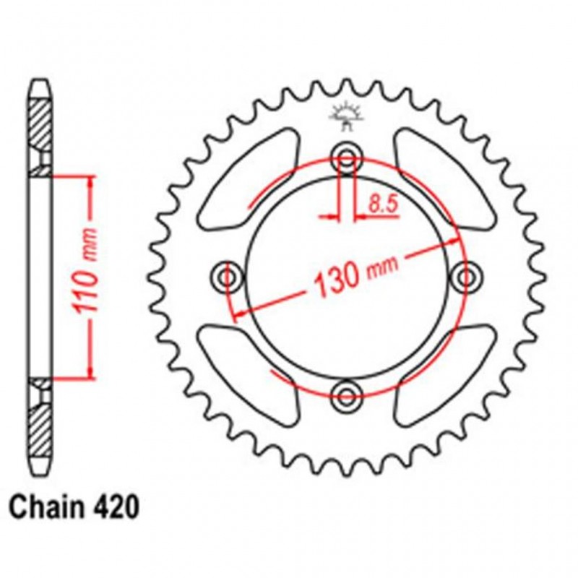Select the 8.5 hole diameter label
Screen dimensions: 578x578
383,204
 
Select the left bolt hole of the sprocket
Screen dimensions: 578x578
230,276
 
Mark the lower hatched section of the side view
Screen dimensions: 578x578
41,423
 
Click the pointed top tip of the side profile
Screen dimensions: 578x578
41,81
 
